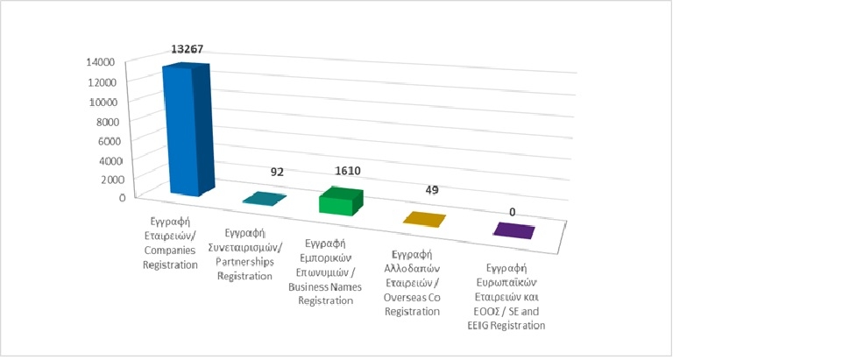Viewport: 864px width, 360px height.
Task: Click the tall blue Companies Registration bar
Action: pyautogui.click(x=185, y=131)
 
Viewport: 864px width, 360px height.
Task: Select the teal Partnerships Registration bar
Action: pyautogui.click(x=264, y=200)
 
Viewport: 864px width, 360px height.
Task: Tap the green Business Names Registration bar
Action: pyautogui.click(x=337, y=202)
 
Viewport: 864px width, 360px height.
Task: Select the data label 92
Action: pyautogui.click(x=277, y=173)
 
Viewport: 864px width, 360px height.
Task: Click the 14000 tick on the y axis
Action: pyautogui.click(x=101, y=62)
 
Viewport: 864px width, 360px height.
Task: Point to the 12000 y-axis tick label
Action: pyautogui.click(x=101, y=82)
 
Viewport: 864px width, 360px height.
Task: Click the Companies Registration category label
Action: pyautogui.click(x=170, y=237)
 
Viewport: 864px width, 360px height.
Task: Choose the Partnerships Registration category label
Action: pyautogui.click(x=245, y=255)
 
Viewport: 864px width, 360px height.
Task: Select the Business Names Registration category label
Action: pyautogui.click(x=325, y=272)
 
